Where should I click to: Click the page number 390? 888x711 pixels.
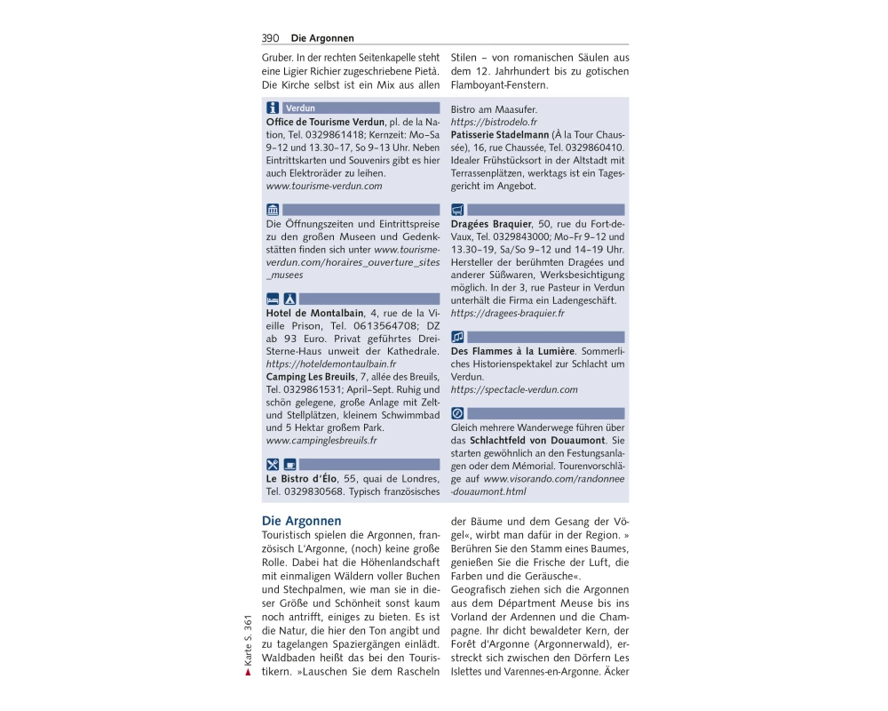tap(271, 38)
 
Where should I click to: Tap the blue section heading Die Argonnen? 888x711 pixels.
tap(301, 521)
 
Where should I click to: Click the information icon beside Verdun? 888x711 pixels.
tap(274, 108)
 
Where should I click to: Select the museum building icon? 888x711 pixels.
tap(274, 211)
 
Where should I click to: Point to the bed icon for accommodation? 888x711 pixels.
tap(274, 299)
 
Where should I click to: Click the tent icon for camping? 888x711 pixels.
tap(289, 299)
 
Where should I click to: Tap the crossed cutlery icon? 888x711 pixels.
tap(274, 464)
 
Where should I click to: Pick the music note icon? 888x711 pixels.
tap(457, 337)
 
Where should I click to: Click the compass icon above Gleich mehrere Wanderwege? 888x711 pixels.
tap(457, 413)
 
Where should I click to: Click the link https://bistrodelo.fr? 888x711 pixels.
tap(494, 122)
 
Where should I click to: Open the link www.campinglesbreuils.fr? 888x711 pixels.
tap(321, 440)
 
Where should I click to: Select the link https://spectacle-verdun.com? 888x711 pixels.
tap(514, 389)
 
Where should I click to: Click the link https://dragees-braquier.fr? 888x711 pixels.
tap(508, 313)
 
